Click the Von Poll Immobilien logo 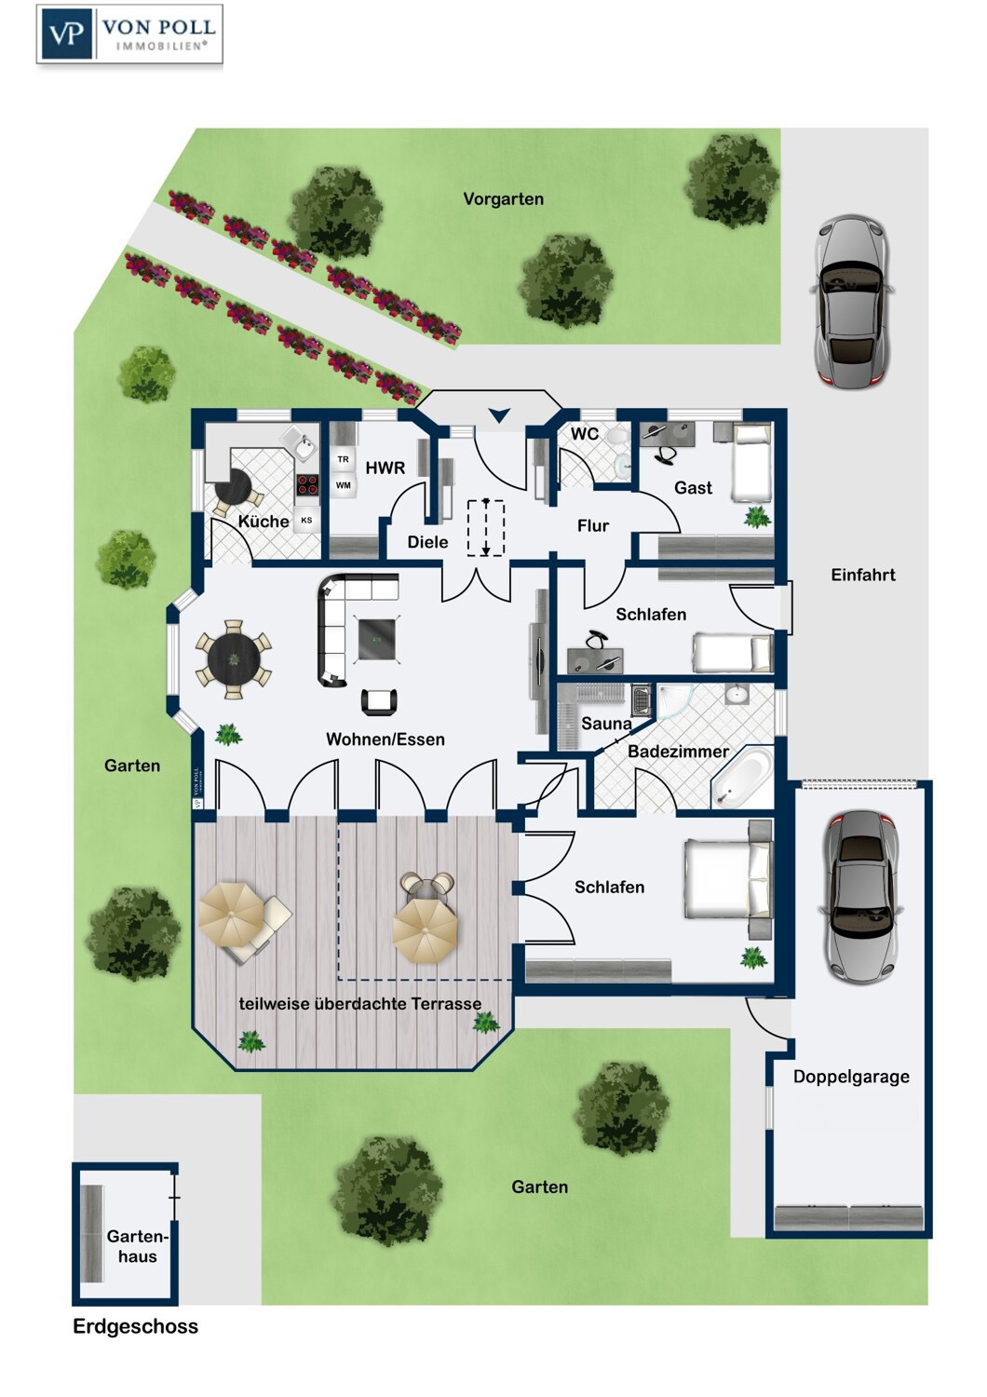coord(129,34)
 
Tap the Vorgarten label coord(503,199)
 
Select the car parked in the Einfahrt coord(851,302)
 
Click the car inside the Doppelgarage coord(859,895)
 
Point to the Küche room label coord(263,522)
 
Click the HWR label coord(385,468)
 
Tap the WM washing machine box coord(344,485)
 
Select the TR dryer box coord(344,459)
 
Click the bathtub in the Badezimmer coord(742,776)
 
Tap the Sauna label coord(606,724)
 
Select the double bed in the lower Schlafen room coord(728,879)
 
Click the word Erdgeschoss coord(135,1326)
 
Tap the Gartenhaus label coord(137,1246)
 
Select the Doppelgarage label coord(851,1077)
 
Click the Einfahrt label coord(863,576)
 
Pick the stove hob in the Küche coord(307,484)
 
